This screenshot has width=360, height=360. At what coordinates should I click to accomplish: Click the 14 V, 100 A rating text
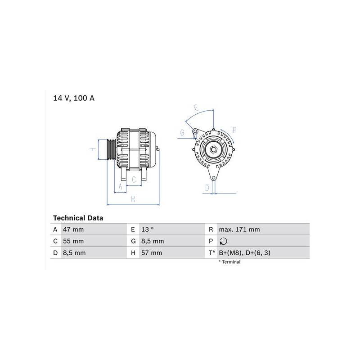click(x=74, y=98)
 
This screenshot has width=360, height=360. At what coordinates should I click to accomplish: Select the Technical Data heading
click(x=78, y=218)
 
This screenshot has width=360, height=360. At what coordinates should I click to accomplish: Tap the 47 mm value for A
click(x=73, y=229)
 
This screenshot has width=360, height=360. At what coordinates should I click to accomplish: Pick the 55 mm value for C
click(x=73, y=241)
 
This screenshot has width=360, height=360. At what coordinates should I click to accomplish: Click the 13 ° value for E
click(x=148, y=229)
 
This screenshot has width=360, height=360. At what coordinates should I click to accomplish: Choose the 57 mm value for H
click(x=152, y=253)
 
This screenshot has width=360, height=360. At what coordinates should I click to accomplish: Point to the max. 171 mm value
click(x=239, y=229)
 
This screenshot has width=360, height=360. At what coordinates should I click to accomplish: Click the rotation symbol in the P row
click(x=223, y=241)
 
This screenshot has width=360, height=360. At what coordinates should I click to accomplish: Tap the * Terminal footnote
click(x=229, y=262)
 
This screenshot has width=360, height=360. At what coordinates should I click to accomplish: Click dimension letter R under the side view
click(x=133, y=199)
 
